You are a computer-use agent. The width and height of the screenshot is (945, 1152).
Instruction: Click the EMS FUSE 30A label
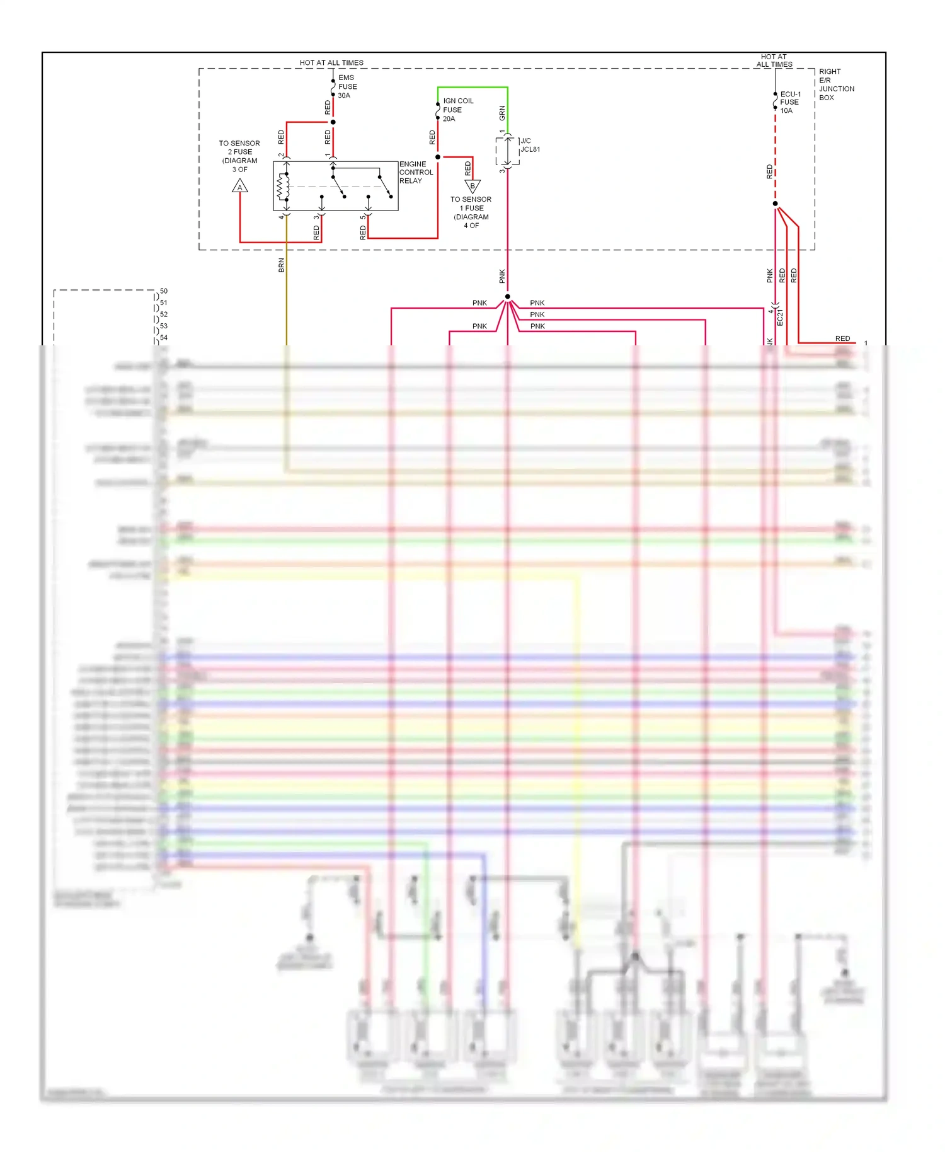click(x=346, y=87)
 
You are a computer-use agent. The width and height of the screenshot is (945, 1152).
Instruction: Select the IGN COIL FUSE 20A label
click(x=457, y=110)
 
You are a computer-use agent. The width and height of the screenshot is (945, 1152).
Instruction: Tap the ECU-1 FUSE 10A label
click(x=789, y=102)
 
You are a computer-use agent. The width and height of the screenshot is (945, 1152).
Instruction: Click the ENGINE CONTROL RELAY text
click(x=416, y=172)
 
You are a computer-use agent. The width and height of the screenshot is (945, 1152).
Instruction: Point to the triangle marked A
click(x=240, y=187)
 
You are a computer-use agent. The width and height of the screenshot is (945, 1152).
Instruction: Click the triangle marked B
click(x=472, y=187)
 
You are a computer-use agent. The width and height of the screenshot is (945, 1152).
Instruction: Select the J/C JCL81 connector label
click(x=529, y=146)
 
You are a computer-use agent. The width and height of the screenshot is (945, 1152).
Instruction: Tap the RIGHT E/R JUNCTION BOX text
click(x=836, y=84)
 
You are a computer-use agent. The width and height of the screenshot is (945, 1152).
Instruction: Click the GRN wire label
click(x=502, y=113)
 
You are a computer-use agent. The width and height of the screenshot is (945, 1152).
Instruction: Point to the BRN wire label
click(x=282, y=265)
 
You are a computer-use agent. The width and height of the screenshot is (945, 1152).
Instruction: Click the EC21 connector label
click(x=780, y=317)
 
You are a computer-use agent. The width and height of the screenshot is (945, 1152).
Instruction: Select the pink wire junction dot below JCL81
click(x=507, y=297)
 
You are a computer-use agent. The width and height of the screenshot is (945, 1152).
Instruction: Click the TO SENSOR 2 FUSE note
click(x=239, y=156)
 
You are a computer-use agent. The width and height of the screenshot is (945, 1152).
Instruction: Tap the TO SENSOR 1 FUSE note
click(x=471, y=212)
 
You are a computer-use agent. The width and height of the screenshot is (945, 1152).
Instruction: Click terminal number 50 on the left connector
click(x=164, y=291)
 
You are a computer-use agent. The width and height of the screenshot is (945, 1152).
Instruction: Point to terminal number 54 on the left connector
click(x=164, y=338)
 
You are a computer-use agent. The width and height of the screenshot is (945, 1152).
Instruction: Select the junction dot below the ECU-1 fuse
click(x=775, y=204)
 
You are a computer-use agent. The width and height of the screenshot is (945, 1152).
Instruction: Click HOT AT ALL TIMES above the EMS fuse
click(x=331, y=63)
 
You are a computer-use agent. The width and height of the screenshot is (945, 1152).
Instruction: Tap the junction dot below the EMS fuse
click(x=333, y=122)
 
